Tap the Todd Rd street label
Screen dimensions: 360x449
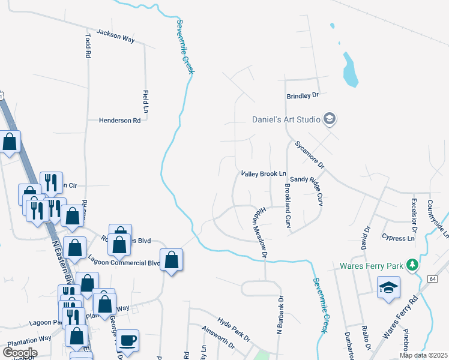[88, 45]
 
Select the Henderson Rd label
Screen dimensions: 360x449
[119, 121]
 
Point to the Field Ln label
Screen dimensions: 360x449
[145, 102]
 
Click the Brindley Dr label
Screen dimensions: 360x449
[302, 95]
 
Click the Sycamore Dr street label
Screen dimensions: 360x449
[309, 155]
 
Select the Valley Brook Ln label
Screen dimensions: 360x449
[264, 174]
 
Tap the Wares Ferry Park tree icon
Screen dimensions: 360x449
[412, 265]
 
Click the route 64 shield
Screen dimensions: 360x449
[432, 279]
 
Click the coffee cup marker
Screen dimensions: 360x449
[127, 340]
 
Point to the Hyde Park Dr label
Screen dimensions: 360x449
[234, 330]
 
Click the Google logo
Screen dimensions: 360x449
[20, 353]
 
